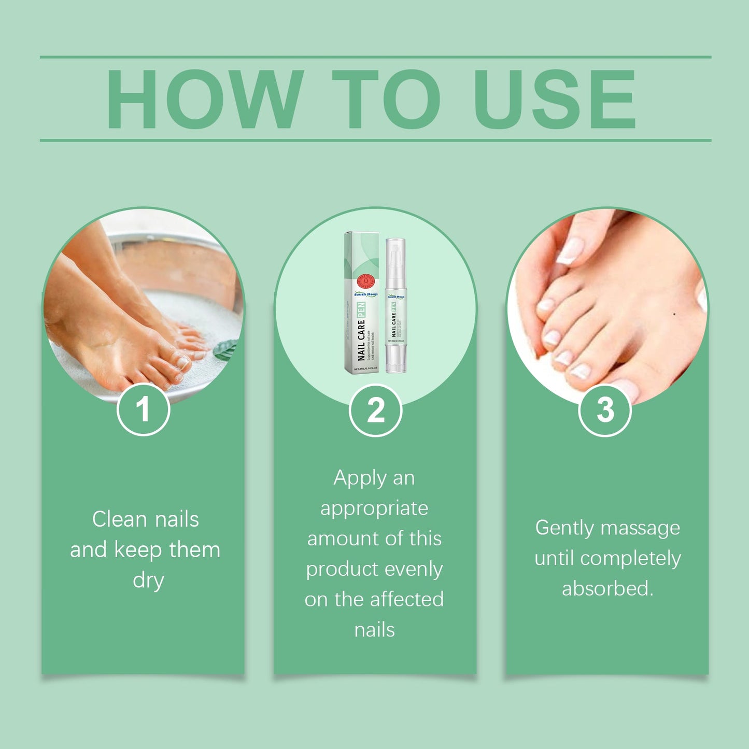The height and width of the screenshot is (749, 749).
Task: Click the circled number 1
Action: pyautogui.click(x=143, y=409)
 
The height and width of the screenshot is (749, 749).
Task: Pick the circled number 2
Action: pyautogui.click(x=375, y=410)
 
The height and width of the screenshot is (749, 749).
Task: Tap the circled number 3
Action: pyautogui.click(x=605, y=410)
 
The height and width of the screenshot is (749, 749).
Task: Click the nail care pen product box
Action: pyautogui.click(x=362, y=303)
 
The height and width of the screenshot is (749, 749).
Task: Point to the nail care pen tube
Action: pyautogui.click(x=395, y=311)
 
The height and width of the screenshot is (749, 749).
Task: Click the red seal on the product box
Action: pyautogui.click(x=365, y=282)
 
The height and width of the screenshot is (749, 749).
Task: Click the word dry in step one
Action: pyautogui.click(x=148, y=580)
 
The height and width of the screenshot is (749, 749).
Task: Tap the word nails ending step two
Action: pyautogui.click(x=374, y=630)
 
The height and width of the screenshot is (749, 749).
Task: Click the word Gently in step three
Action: pyautogui.click(x=564, y=528)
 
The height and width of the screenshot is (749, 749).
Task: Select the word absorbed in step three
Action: pyautogui.click(x=607, y=589)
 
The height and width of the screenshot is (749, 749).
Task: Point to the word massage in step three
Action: pyautogui.click(x=640, y=528)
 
